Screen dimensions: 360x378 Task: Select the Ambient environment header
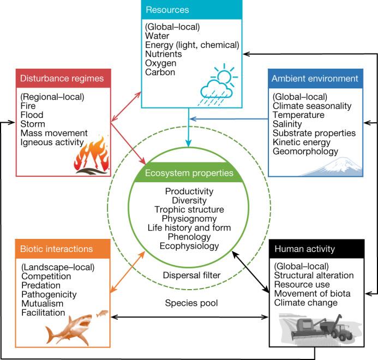[x=315, y=79]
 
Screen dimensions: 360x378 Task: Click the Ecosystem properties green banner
[x=189, y=174]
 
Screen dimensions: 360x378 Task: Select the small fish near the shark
[x=101, y=315]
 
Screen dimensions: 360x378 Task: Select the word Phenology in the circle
[x=189, y=237]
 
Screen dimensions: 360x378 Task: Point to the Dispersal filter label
[x=189, y=275]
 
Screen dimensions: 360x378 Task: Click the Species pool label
[x=189, y=301]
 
